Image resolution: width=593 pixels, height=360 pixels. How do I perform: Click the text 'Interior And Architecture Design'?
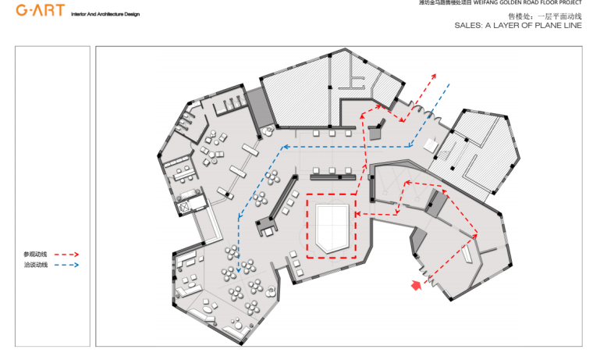click(105, 15)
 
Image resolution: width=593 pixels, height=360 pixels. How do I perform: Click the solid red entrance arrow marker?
click(417, 286)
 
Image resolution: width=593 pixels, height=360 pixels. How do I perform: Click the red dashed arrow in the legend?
click(66, 255)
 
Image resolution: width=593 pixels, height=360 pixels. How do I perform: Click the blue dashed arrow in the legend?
click(66, 266)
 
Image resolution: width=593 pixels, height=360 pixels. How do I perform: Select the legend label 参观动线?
click(35, 255)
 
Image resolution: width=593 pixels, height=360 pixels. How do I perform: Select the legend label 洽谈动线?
click(35, 266)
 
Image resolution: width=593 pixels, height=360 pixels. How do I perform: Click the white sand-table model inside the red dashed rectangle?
click(332, 225)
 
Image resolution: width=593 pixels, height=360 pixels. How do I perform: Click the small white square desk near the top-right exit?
click(431, 145)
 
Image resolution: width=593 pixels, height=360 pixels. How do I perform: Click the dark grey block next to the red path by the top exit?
click(379, 128)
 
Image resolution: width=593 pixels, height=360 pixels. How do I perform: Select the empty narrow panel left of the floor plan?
click(51, 195)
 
